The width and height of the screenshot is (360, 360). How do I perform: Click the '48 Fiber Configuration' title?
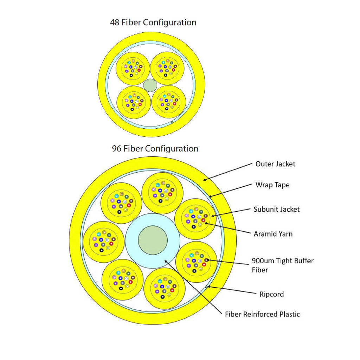153,22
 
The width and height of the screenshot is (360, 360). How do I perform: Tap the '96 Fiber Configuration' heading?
155,148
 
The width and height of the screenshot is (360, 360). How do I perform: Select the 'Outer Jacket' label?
275,164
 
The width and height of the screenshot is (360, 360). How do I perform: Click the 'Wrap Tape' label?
272,185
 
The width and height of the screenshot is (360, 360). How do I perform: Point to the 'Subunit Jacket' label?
277,209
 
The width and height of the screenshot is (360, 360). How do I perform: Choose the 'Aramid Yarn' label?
273,234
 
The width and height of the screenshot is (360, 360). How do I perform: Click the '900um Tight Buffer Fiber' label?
282,265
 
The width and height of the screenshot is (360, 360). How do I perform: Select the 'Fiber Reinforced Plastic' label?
262,314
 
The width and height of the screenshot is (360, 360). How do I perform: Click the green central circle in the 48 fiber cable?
150,85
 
